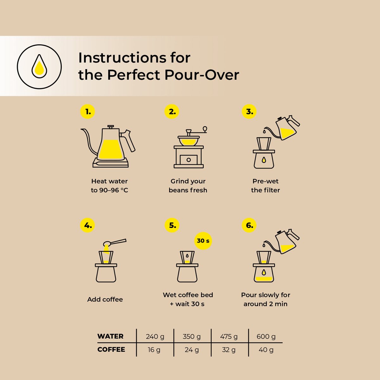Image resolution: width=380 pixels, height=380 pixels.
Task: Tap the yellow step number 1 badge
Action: [x=88, y=111]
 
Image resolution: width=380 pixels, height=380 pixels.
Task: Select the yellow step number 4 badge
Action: [x=88, y=225]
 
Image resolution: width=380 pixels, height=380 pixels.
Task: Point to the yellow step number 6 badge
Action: [x=249, y=225]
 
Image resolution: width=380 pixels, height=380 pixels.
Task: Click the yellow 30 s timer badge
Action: [x=203, y=241]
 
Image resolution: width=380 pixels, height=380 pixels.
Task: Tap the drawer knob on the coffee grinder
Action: [x=188, y=160]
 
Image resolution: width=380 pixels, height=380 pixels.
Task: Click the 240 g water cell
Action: [x=155, y=336]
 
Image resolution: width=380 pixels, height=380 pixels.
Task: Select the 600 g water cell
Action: [x=266, y=336]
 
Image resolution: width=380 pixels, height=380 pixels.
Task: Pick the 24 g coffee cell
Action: [x=192, y=350]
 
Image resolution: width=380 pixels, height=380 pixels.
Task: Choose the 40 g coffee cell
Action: [x=266, y=350]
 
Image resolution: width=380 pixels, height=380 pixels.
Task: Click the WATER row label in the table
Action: [x=111, y=336]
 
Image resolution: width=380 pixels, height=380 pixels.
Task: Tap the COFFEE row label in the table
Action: [x=111, y=349]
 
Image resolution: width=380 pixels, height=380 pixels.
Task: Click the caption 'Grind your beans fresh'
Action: [x=188, y=186]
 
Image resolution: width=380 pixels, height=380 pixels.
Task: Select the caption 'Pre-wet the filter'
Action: [x=265, y=186]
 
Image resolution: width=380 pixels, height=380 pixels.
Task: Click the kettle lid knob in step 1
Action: [x=111, y=126]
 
